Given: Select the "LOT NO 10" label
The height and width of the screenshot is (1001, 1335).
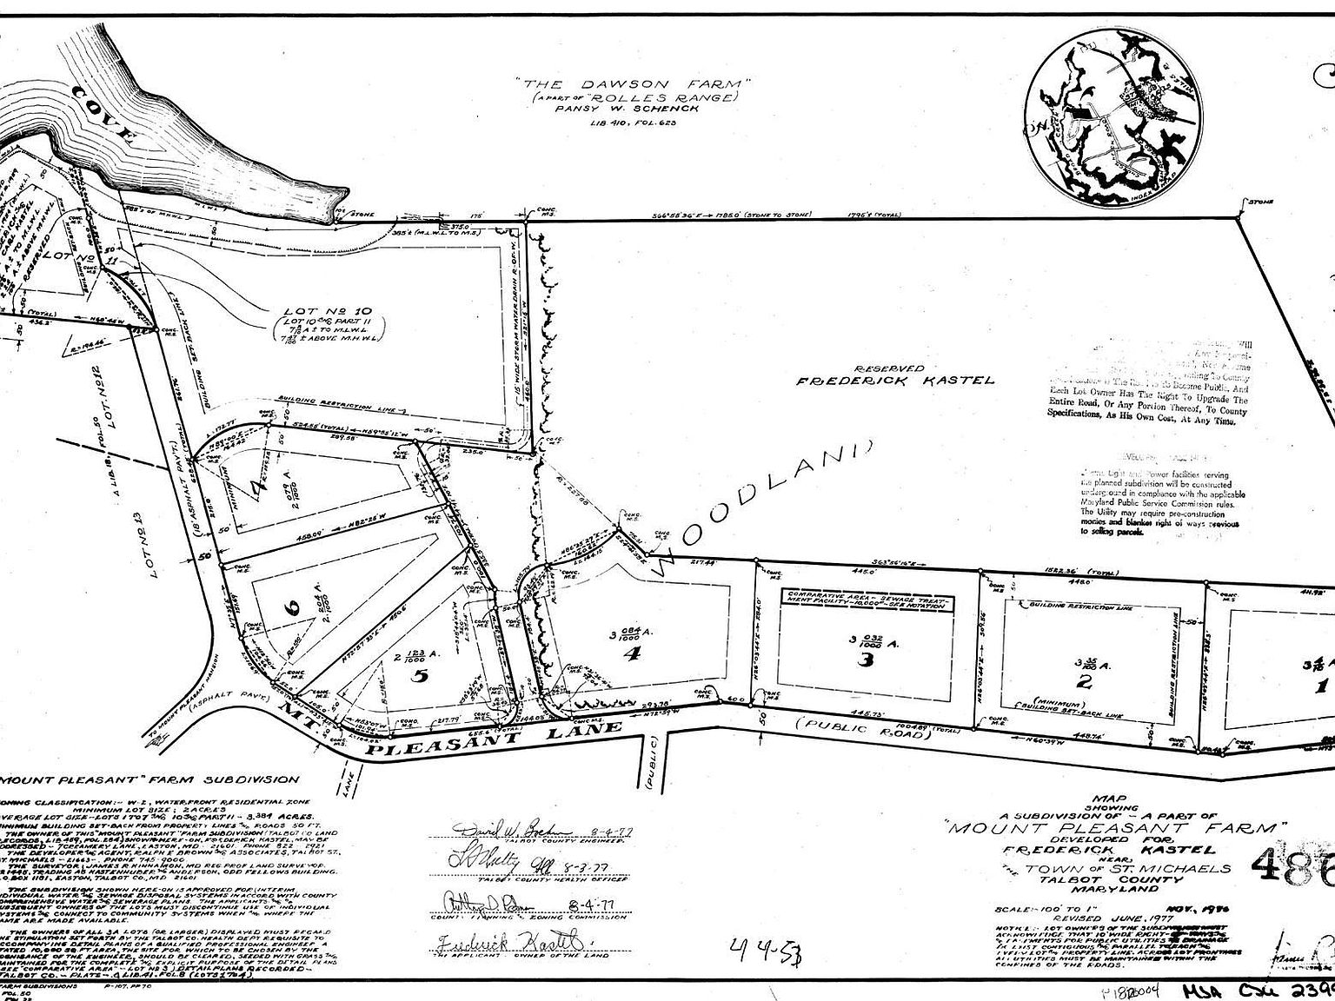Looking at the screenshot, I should [315, 310].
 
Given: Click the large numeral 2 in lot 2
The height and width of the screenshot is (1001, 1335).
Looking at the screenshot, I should [1083, 680].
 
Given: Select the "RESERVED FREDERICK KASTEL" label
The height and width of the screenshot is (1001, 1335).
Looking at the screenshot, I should [895, 375].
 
